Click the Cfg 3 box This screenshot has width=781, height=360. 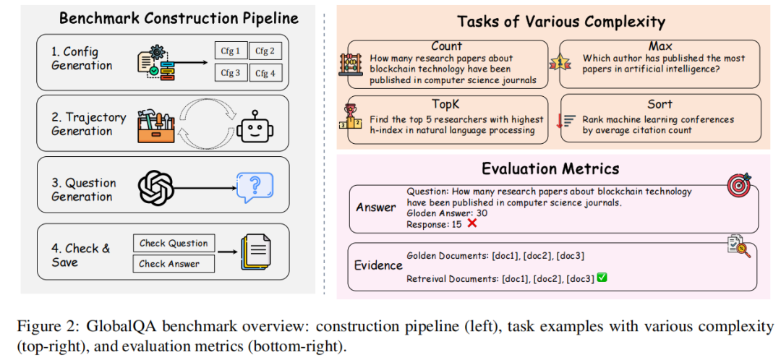tap(231, 73)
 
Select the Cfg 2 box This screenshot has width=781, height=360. tap(265, 51)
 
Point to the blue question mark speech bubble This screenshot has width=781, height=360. tap(255, 187)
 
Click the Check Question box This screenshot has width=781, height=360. tap(174, 244)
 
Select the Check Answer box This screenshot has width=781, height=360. tap(174, 264)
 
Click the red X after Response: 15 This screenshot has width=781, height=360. tap(472, 223)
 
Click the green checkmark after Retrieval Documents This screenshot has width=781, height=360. tap(602, 278)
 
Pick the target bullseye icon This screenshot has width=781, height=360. tap(739, 185)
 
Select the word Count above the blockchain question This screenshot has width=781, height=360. tap(447, 47)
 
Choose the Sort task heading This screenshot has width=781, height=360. tap(660, 103)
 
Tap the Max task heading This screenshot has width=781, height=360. tap(660, 47)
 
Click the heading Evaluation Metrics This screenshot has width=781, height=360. tap(550, 169)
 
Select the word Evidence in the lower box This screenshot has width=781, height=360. tap(377, 265)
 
